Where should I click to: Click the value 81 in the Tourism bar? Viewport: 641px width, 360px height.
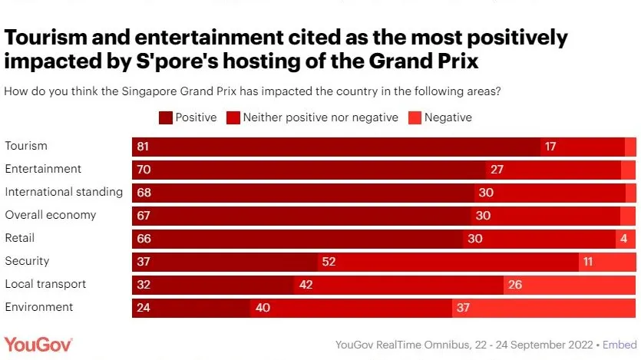pos(143,146)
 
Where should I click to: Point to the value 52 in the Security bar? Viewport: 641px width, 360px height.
pos(329,261)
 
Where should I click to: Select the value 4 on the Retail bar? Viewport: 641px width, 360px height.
pos(624,238)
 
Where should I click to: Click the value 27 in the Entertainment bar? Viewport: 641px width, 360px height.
pos(497,169)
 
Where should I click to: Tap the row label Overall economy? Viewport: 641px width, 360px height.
pos(51,215)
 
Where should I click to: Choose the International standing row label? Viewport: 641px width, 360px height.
pos(64,192)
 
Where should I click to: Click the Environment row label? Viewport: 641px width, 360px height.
pos(39,307)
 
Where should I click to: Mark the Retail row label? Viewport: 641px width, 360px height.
pos(20,238)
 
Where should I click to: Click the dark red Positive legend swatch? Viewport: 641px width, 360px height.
pos(165,117)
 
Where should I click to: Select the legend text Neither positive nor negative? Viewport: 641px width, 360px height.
pos(320,117)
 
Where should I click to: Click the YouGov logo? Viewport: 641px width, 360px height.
pos(38,343)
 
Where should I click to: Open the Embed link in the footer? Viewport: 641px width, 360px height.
pos(620,345)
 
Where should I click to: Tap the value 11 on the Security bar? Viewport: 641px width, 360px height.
pos(588,261)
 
